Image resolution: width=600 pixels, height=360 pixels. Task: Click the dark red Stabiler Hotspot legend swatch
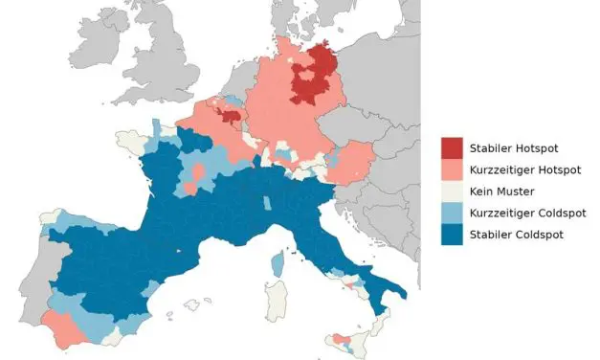(x=452, y=148)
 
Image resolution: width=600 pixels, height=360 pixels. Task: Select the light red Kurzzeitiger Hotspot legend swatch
(x=452, y=169)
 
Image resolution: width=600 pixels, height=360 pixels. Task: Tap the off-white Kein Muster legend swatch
(x=452, y=191)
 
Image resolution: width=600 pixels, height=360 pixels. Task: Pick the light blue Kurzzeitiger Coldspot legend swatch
(x=452, y=213)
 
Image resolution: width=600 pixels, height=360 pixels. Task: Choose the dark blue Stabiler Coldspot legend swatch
(x=452, y=235)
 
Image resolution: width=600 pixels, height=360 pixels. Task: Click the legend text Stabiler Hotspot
(x=514, y=148)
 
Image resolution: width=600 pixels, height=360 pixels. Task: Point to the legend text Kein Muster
(x=501, y=191)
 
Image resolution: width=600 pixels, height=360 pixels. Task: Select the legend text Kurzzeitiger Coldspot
(x=527, y=213)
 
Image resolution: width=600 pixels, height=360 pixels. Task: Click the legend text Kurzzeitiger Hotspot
(x=525, y=169)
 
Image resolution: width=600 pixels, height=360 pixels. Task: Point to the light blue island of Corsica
(x=278, y=262)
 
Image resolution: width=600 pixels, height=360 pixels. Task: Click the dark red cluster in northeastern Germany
(x=313, y=77)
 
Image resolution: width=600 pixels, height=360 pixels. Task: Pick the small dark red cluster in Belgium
(x=230, y=117)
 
